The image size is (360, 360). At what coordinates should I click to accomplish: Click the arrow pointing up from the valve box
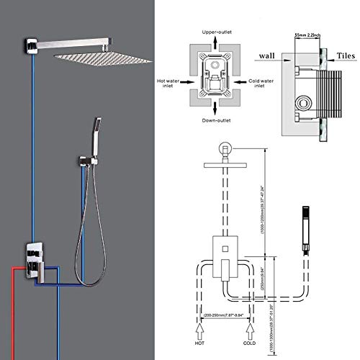215,47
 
